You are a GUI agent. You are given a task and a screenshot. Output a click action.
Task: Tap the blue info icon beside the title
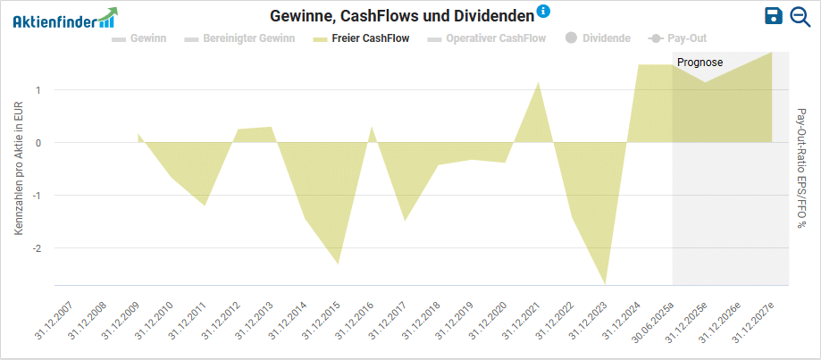tap(543, 12)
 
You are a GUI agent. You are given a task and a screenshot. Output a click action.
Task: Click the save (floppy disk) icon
tap(774, 16)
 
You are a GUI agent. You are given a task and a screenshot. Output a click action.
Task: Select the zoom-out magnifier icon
tap(800, 16)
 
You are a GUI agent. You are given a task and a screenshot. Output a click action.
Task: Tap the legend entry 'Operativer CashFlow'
tap(488, 38)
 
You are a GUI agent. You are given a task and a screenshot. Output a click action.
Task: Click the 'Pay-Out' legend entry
tap(678, 38)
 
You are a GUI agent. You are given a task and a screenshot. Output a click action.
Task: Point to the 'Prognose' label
tap(700, 63)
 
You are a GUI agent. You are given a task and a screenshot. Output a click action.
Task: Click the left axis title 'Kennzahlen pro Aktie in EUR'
tap(19, 168)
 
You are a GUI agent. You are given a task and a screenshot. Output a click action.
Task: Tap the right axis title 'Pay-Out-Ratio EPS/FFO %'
tap(800, 168)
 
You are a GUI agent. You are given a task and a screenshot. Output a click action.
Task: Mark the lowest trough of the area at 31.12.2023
tap(606, 283)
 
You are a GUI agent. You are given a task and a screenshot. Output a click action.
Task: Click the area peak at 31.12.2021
tap(539, 83)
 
